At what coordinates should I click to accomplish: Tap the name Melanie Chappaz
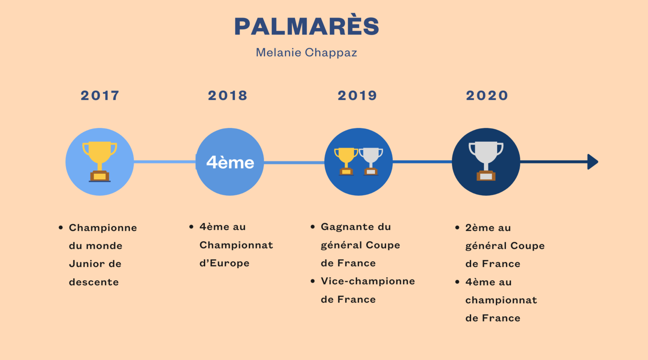click(306, 53)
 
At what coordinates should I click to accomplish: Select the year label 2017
click(100, 95)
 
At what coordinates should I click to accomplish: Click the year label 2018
click(228, 95)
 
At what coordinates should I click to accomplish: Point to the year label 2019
click(357, 95)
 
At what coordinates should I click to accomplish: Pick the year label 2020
click(487, 95)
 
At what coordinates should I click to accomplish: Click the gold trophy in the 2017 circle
click(99, 162)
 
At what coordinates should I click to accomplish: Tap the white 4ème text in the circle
click(230, 162)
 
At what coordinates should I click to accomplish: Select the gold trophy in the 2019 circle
click(346, 162)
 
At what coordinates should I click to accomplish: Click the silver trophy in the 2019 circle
click(371, 162)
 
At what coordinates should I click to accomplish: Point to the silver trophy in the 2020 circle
click(486, 161)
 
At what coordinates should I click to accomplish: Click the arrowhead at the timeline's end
click(593, 162)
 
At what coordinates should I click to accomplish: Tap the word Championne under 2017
click(103, 228)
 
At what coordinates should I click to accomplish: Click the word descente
click(94, 282)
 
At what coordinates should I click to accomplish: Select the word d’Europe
click(224, 263)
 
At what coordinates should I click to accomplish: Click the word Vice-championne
click(368, 281)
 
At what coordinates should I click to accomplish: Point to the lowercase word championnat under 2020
click(501, 300)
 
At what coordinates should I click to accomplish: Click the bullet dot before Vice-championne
click(312, 281)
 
